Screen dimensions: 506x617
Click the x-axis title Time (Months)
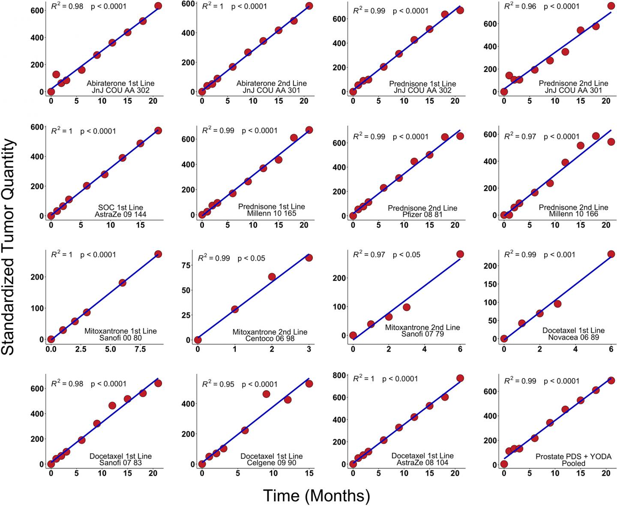316,496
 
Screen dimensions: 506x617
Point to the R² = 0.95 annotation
218,384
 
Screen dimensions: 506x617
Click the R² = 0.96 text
520,6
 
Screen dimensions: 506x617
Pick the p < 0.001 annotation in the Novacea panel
559,255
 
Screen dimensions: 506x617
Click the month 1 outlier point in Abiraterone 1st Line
56,75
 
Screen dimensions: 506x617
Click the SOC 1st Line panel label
120,208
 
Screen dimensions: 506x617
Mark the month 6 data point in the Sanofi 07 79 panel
460,254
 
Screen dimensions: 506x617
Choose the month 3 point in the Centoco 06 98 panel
309,258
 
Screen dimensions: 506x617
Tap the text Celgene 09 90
271,463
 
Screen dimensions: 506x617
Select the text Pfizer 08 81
422,214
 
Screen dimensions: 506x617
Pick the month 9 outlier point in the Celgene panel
266,394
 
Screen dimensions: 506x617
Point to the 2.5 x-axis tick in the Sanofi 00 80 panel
81,349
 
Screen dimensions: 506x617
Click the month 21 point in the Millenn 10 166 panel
611,142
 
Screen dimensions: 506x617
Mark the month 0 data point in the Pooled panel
504,464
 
